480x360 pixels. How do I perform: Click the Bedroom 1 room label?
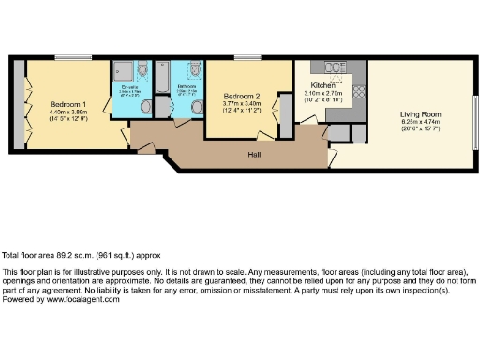coord(68,103)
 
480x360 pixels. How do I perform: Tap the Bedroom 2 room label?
coord(242,97)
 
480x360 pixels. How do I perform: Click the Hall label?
coord(253,154)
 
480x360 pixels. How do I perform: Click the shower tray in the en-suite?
coord(123,72)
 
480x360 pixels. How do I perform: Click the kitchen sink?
coord(335,67)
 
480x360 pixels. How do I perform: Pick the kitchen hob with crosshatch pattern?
coord(357,91)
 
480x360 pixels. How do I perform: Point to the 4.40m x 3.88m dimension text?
coord(68,112)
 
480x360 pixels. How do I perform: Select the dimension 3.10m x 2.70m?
coord(324,93)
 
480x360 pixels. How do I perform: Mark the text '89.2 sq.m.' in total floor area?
coord(63,254)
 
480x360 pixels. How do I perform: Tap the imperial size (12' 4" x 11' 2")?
coord(242,112)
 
